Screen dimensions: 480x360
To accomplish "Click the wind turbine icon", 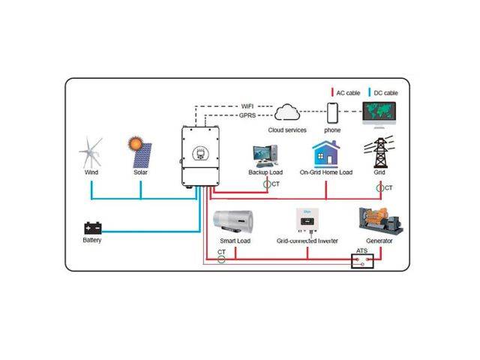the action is click(x=90, y=152).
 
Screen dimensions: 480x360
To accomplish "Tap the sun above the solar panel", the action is click(x=135, y=143).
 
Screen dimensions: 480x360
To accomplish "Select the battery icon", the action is click(x=93, y=228).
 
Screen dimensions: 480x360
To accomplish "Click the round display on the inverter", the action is click(x=200, y=153).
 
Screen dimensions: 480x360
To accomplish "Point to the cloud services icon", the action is click(x=286, y=112).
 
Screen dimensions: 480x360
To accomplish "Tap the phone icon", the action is click(x=332, y=113).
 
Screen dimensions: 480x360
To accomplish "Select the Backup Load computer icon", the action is click(x=265, y=156).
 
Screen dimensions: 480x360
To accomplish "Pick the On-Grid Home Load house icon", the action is click(x=326, y=154).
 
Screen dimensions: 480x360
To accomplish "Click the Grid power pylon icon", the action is click(x=379, y=152).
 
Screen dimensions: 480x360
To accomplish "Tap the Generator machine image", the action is click(x=380, y=221).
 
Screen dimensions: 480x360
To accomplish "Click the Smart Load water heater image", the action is click(x=233, y=222).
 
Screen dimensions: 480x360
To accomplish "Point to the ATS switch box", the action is click(x=362, y=261).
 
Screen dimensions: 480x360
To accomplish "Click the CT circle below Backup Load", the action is click(x=267, y=184).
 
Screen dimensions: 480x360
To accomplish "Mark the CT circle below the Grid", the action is click(x=380, y=188).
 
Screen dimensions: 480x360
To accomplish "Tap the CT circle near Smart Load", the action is click(x=221, y=259).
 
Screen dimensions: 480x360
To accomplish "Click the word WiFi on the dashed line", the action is click(x=247, y=106).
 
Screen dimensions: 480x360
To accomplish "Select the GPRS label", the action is click(x=247, y=115).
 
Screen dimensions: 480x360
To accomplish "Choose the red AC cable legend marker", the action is click(x=332, y=92).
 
